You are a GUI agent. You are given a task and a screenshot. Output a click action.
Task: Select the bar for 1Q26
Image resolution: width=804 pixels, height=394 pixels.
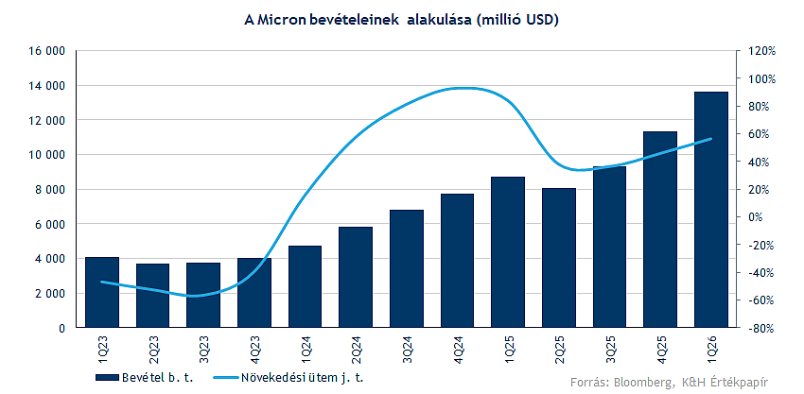[x=710, y=210]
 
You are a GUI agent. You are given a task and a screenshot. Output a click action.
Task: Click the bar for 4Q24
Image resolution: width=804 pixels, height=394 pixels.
[x=457, y=261]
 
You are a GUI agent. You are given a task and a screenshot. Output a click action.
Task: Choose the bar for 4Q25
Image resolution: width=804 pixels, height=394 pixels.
[x=659, y=230]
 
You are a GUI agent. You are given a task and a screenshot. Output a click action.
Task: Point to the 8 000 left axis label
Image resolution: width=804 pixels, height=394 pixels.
[x=47, y=189]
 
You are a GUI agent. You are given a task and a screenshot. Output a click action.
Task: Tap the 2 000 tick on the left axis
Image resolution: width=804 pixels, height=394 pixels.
[x=47, y=293]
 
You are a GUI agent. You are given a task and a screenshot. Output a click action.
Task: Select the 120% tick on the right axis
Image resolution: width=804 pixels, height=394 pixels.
[x=762, y=51]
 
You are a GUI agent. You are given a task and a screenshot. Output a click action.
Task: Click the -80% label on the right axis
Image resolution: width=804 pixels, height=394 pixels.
[x=762, y=328]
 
